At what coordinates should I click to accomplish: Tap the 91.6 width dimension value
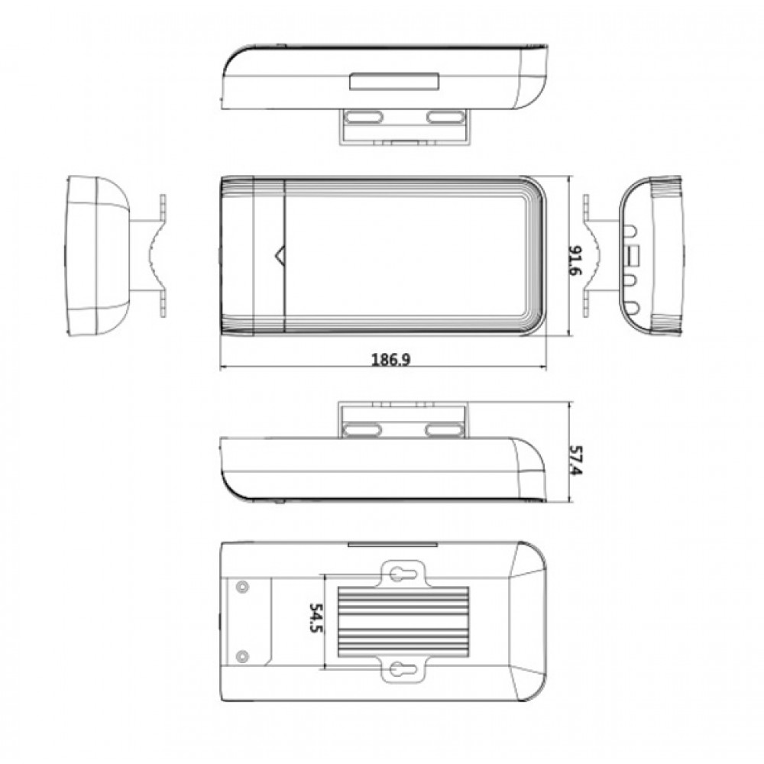tap(575, 261)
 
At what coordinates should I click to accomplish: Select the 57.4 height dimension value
tap(576, 461)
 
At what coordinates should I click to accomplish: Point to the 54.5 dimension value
tap(316, 618)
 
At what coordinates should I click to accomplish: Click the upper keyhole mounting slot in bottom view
tap(403, 574)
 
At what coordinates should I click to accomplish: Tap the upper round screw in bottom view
tap(242, 587)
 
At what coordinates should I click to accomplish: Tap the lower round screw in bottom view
tap(242, 656)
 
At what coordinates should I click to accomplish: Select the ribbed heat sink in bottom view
tap(403, 621)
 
